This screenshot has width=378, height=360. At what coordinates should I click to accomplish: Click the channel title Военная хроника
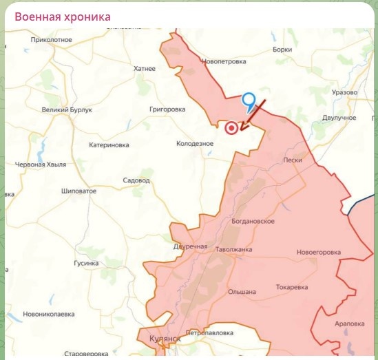tap(62, 17)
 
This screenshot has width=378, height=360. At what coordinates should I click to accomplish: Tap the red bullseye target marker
tap(232, 127)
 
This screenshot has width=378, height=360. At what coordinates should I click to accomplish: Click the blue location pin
tap(250, 101)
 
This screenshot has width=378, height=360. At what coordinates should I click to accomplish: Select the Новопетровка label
tap(224, 61)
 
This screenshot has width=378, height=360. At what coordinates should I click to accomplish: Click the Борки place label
tap(282, 50)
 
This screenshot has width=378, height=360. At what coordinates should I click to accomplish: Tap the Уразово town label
tap(344, 92)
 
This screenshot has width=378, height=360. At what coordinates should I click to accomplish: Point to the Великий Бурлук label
tap(67, 109)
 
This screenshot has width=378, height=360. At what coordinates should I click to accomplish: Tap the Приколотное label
tap(52, 40)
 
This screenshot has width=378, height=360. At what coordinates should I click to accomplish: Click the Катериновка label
tap(109, 145)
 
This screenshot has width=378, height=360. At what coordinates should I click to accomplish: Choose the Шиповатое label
tap(78, 191)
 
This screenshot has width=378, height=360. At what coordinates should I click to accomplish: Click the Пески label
tap(293, 160)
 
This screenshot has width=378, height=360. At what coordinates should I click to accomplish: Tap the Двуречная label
tap(190, 246)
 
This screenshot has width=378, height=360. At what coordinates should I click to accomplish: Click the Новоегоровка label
tap(319, 252)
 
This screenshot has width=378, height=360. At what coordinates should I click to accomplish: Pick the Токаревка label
tap(291, 286)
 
